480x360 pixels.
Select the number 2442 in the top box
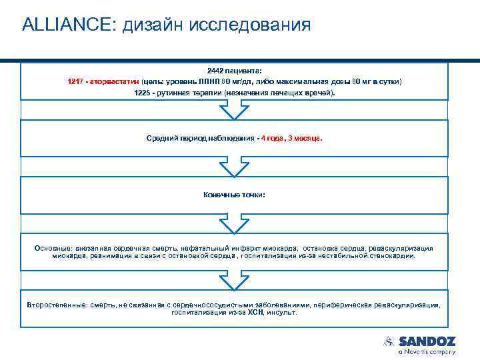(216, 69)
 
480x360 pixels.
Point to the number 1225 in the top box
(143, 92)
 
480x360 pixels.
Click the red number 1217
(77, 81)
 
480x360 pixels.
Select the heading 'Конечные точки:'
(234, 195)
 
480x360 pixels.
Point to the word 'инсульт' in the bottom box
(283, 312)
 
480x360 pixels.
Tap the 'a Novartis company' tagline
(427, 351)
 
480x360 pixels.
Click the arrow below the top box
(234, 110)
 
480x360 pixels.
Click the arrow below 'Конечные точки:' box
(234, 223)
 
